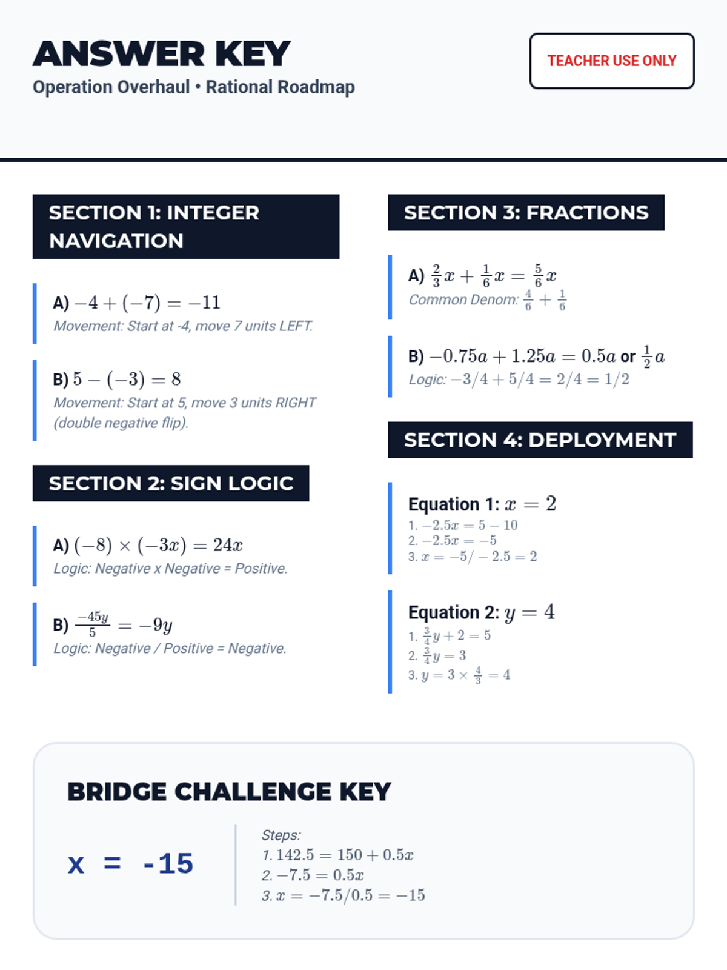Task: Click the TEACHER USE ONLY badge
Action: tap(612, 61)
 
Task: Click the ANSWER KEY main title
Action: tap(162, 54)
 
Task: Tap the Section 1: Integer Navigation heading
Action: tap(185, 227)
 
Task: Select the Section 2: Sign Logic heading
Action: tap(171, 483)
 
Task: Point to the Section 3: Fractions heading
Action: tap(526, 213)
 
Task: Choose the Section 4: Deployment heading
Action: tap(540, 440)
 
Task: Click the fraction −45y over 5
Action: tap(93, 624)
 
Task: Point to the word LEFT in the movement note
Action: tap(296, 326)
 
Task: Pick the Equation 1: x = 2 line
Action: tap(482, 504)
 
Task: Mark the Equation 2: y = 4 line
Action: tap(482, 612)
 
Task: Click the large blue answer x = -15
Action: tap(130, 864)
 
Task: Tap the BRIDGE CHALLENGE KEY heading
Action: tap(229, 792)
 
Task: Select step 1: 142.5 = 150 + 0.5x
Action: tap(337, 855)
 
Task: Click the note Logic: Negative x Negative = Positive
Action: tap(170, 569)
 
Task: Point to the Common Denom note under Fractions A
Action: tap(488, 299)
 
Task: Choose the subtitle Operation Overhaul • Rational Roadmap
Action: tap(194, 87)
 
